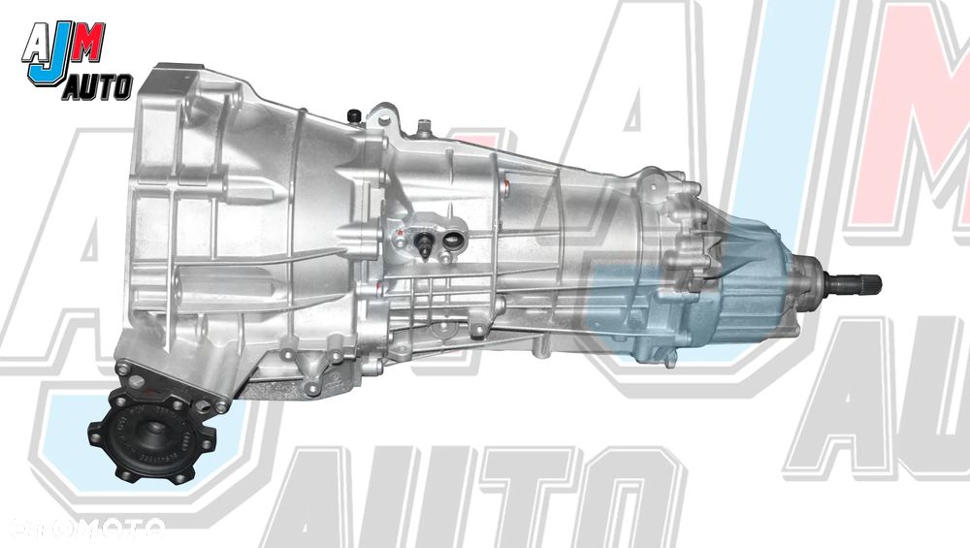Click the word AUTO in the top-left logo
point(97,88)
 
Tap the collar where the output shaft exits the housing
point(811,281)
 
